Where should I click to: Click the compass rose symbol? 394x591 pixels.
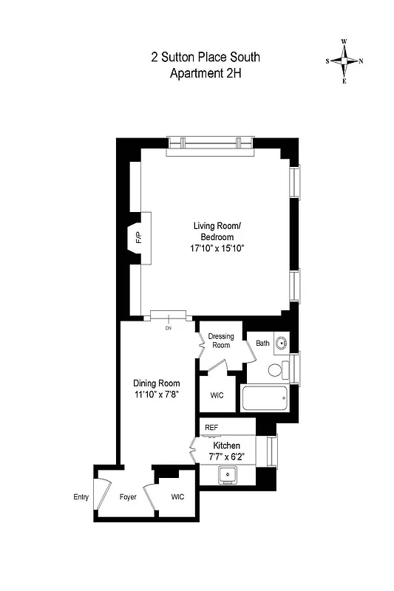coord(344,61)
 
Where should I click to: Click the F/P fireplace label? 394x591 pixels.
coord(138,239)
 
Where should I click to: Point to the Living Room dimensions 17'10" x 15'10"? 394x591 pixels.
coord(217,248)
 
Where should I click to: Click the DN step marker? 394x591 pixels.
coord(168,327)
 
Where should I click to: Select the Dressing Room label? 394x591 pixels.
coord(220,341)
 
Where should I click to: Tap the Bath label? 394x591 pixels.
coord(262,344)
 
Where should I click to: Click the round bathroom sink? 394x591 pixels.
coord(282,343)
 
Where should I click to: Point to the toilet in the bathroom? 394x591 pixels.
coord(276,371)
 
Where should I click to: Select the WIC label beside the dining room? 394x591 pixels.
coord(217,395)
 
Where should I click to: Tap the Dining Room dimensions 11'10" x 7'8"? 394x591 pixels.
coord(156,395)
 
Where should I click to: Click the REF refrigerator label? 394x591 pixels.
coord(211,428)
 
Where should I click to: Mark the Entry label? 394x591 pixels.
coord(81,496)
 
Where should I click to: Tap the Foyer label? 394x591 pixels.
coord(129,497)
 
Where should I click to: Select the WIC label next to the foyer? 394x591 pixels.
coord(178,496)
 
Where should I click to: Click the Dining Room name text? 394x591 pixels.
coord(156,383)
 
